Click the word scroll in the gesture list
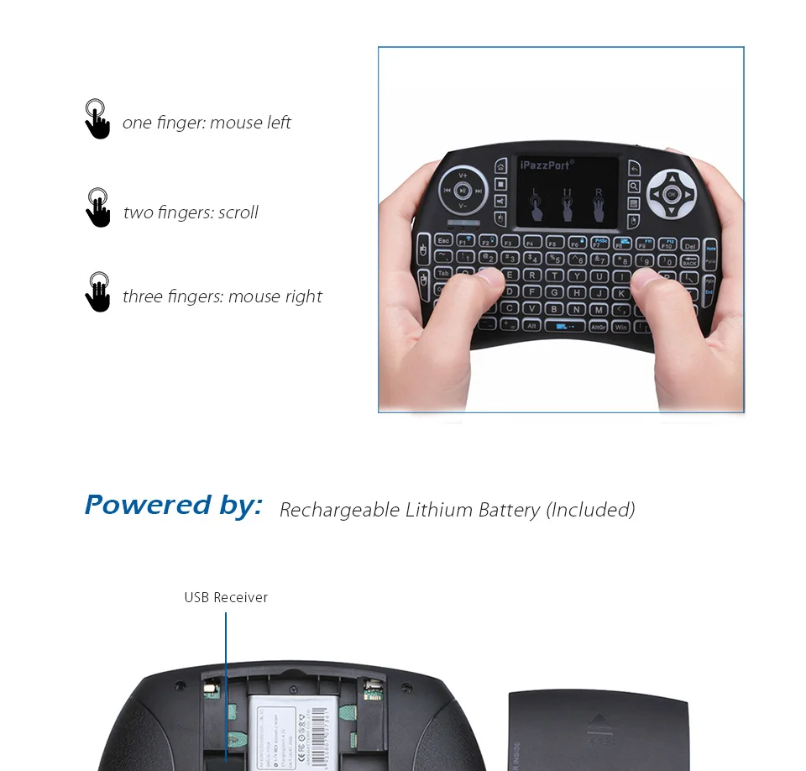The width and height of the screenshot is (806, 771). coord(238,212)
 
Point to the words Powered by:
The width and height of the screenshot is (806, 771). coord(173,505)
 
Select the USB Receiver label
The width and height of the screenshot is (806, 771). coord(226,597)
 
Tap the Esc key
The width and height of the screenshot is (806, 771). coord(443,241)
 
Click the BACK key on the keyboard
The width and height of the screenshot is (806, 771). coord(690,262)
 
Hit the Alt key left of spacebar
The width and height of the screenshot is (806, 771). coord(532,324)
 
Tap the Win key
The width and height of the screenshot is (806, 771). coord(621,327)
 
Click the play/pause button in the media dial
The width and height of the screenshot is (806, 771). coord(463,191)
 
